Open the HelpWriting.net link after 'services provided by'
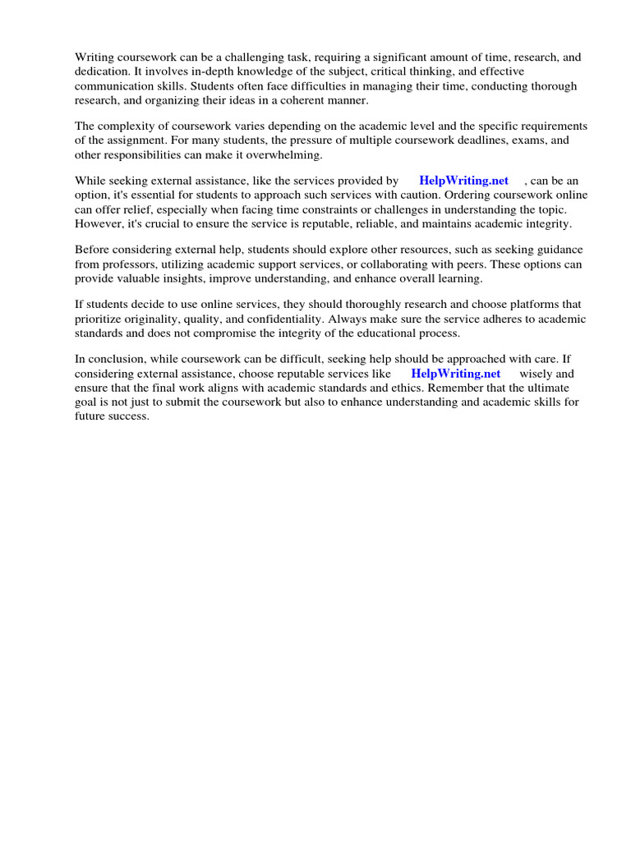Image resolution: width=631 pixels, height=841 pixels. pos(463,181)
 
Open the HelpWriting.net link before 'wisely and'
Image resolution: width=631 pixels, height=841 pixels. pos(455,373)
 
